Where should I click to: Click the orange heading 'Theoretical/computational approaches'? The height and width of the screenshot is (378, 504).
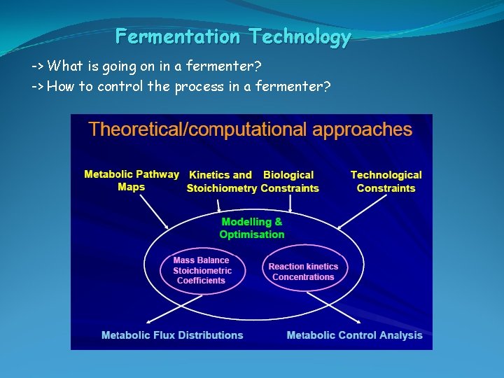point(250,129)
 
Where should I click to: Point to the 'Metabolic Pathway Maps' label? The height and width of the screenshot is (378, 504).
point(131,181)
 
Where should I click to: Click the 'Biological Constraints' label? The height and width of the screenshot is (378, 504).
point(290,181)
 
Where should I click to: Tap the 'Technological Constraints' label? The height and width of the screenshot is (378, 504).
point(386,181)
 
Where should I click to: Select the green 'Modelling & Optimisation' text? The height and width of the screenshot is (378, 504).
point(252,228)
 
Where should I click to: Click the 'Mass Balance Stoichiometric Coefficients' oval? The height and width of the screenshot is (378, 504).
point(201,270)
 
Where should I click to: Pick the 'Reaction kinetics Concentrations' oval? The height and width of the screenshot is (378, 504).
point(303,272)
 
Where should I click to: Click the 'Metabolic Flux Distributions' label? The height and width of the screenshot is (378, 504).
point(172,335)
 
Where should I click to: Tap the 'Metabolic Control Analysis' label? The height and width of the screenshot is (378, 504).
point(354,335)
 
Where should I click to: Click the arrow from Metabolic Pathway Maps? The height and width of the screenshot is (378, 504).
point(155,212)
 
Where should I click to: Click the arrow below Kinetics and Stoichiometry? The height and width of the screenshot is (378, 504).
point(219,204)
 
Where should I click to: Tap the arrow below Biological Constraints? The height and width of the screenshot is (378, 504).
point(290,204)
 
